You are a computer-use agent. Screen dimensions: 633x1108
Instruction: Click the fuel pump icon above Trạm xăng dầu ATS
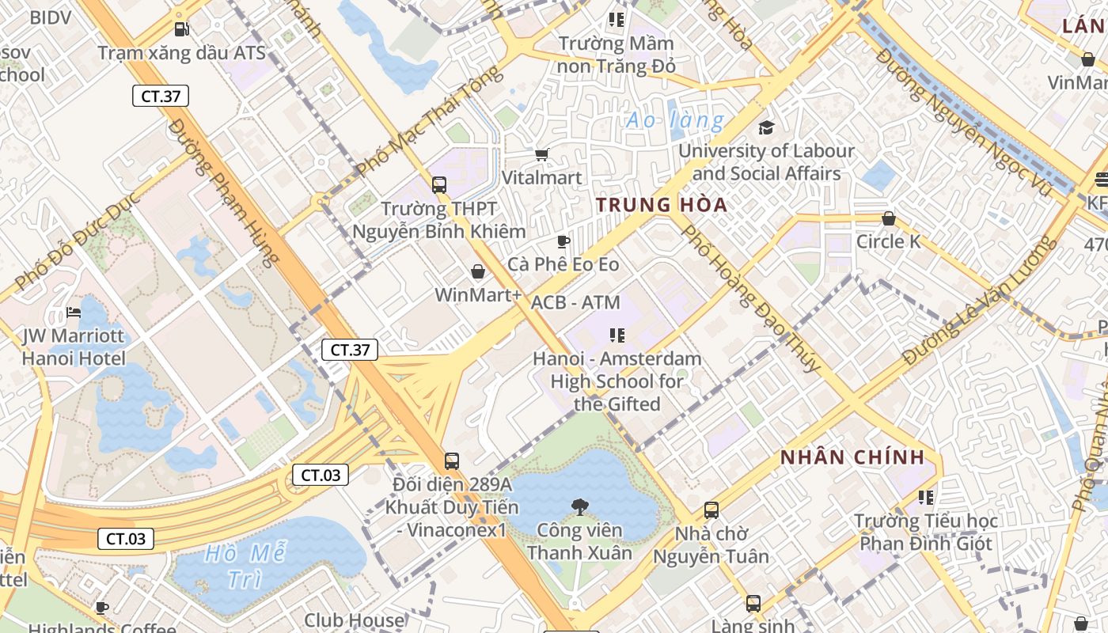coord(182,29)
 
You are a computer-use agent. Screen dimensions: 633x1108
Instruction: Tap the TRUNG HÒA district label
coord(662,205)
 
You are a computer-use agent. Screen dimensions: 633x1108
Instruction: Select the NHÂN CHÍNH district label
coord(852,457)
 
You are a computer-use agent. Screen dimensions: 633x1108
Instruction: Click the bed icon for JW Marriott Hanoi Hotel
coord(74,313)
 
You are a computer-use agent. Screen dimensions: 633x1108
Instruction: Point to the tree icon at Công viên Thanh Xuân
coord(579,506)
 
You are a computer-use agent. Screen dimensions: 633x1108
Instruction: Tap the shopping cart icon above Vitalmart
coord(542,154)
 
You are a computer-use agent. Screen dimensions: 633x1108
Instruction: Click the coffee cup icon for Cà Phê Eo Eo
coord(563,241)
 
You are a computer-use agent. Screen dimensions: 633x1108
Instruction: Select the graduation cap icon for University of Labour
coord(766,127)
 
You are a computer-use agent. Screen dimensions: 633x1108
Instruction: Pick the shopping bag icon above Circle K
coord(889,218)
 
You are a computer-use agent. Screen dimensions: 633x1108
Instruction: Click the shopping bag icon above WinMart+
coord(478,272)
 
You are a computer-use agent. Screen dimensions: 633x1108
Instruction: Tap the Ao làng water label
coord(674,121)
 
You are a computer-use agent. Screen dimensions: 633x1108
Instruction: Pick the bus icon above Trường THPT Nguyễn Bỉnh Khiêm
coord(439,185)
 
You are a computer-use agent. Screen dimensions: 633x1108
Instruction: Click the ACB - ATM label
coord(575,302)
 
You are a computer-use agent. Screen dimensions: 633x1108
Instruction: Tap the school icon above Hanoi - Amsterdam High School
coord(617,335)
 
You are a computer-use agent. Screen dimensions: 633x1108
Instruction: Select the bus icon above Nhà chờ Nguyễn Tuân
coord(711,510)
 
